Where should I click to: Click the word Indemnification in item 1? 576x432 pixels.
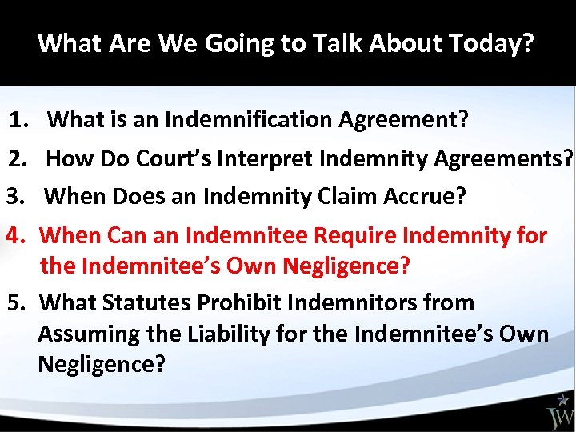tap(250, 120)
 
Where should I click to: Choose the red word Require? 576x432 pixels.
tap(352, 236)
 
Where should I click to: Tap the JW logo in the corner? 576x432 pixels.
tap(559, 411)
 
